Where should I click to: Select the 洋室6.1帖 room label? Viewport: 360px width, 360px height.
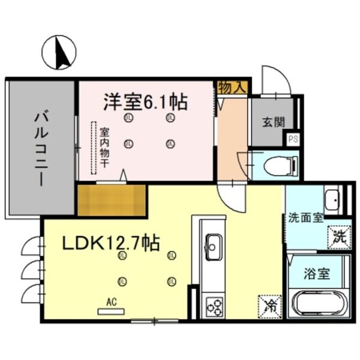point(145,101)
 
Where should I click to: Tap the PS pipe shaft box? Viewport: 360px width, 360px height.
point(293,139)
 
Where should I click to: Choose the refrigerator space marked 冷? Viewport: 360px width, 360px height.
point(270,305)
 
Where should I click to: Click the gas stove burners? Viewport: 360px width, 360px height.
point(214,305)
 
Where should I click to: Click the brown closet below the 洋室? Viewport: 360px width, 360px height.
point(112,199)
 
